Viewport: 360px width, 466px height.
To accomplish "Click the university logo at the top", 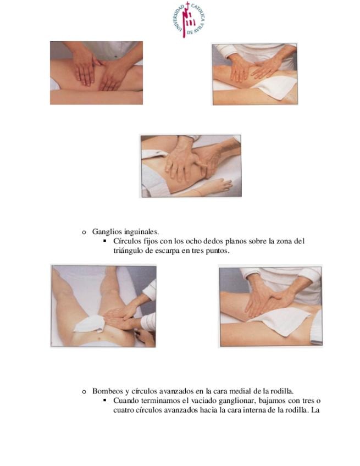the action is (188, 20).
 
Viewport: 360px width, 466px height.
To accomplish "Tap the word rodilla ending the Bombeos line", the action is (282, 391).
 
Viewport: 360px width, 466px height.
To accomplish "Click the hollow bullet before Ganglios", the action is (84, 232).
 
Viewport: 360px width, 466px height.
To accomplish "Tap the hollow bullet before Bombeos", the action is (84, 392).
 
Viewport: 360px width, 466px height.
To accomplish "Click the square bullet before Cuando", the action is (104, 400).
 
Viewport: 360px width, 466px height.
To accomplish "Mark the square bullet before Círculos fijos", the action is (104, 241).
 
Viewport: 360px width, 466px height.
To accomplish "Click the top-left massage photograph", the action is (96, 73).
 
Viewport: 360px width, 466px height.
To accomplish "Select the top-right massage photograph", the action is (255, 74).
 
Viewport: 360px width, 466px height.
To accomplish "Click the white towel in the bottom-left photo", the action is (89, 324).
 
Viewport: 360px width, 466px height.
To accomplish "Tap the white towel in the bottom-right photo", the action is (285, 321).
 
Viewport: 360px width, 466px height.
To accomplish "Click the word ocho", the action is (194, 241).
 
